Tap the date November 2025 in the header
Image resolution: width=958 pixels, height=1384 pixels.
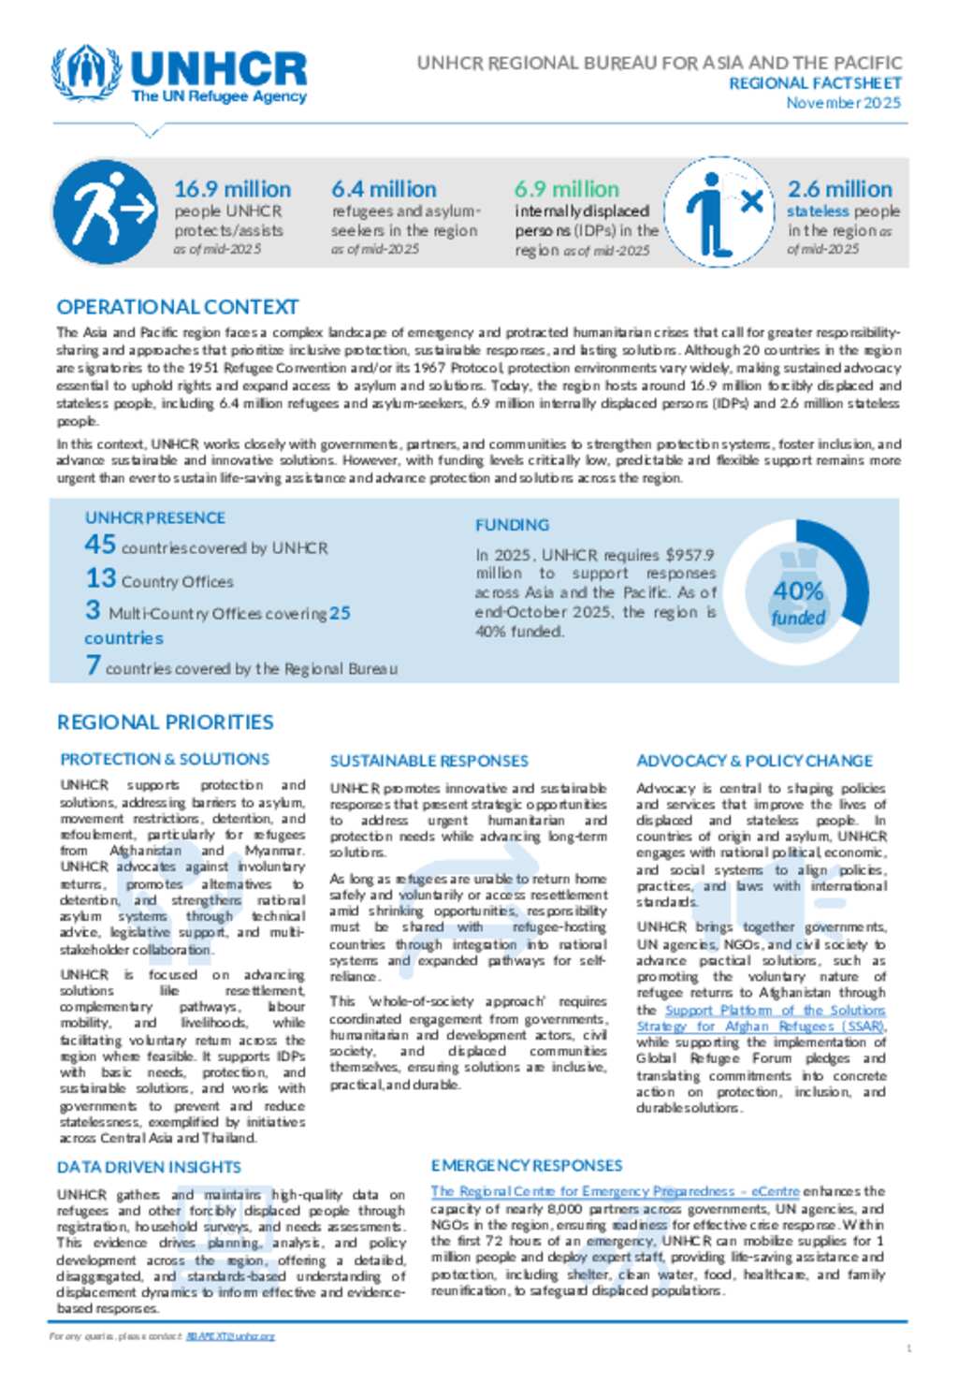(843, 103)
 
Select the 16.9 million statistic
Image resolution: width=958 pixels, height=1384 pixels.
(232, 189)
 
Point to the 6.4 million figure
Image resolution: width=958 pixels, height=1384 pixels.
(384, 189)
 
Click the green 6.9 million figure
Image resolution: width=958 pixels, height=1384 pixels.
(566, 189)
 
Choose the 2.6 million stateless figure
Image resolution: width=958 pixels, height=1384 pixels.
(839, 189)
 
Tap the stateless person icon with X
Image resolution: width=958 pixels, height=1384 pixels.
(722, 211)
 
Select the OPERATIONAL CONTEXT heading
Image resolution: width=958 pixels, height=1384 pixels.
(178, 307)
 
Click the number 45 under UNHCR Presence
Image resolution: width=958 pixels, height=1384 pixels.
(100, 544)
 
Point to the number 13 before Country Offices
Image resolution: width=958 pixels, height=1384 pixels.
(100, 578)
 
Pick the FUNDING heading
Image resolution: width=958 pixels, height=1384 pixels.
(512, 525)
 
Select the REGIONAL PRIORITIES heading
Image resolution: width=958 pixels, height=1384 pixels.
(166, 722)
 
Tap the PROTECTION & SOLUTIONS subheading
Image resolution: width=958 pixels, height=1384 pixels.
(165, 759)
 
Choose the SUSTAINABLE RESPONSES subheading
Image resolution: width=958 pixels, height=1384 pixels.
(428, 761)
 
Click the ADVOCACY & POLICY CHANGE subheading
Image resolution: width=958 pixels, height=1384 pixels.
(754, 761)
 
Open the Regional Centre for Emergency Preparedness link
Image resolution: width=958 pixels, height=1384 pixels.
(615, 1191)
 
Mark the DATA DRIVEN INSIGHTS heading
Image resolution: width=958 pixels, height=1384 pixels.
(149, 1167)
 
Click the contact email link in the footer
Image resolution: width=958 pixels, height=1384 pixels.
(230, 1336)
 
